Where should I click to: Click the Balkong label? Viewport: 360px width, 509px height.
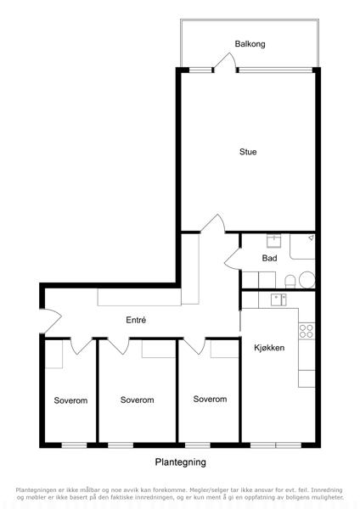pos(250,44)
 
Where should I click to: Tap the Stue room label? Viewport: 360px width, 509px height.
pos(248,152)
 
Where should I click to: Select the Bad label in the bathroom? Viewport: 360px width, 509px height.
pos(269,258)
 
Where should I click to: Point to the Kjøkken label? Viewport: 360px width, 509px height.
pos(269,348)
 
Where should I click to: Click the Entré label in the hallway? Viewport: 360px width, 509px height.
pos(136,320)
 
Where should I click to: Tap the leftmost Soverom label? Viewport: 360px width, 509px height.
pos(70,400)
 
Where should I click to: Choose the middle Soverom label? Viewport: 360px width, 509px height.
pos(137,400)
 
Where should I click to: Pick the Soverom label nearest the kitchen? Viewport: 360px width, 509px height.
pos(210,399)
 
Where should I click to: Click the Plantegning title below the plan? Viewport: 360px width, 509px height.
pos(180,462)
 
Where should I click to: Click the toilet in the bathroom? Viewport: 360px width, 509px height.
pos(290,282)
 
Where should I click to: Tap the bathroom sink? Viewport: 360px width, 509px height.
pos(274,241)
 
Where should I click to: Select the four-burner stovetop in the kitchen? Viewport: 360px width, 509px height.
pos(307,331)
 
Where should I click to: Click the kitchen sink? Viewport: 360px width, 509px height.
pos(278,299)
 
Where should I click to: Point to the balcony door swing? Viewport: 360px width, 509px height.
pos(224,62)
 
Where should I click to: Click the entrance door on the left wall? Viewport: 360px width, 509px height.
pos(51,321)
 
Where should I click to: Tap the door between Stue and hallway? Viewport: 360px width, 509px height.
pos(213,223)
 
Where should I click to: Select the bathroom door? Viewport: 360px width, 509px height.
pos(232,259)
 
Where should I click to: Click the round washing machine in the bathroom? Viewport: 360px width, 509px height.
pos(307,280)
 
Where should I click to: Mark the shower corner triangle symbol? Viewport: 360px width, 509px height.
pos(311,238)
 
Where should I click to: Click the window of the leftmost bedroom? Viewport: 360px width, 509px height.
pos(75,445)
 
